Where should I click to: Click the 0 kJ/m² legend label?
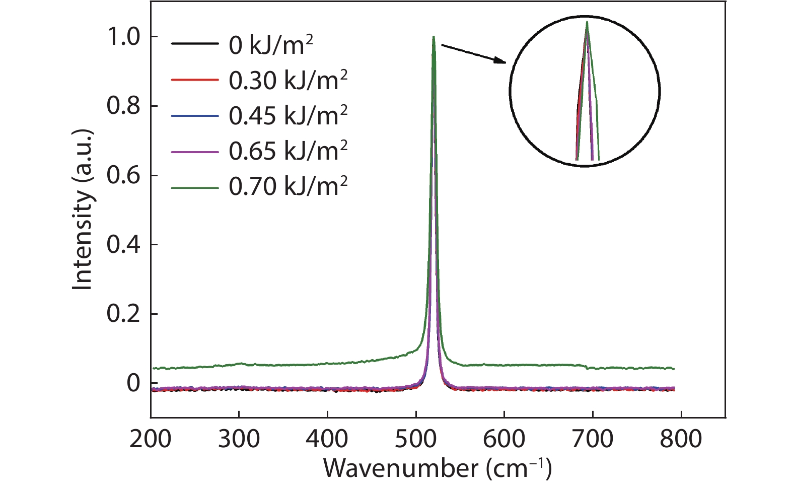[271, 45]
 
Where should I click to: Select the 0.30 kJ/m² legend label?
[288, 81]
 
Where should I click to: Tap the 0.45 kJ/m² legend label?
[288, 116]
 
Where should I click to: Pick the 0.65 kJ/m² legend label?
[288, 151]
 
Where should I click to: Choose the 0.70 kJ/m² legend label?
[288, 186]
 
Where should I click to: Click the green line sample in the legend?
[195, 187]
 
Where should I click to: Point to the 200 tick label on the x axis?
[150, 439]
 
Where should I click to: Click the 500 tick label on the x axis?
[416, 439]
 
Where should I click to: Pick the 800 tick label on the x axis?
[681, 439]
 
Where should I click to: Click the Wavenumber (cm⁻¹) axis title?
[437, 468]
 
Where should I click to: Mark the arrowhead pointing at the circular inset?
[501, 61]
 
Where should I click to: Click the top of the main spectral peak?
[433, 38]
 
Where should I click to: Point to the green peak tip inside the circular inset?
[587, 23]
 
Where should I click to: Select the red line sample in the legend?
[195, 80]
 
